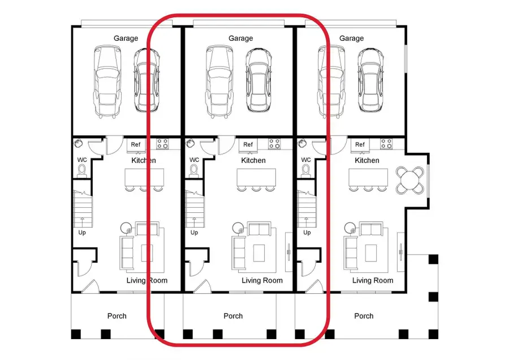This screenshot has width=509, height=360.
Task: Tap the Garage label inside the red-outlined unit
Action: click(x=240, y=38)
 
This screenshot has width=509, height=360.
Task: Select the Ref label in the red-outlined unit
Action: click(x=248, y=145)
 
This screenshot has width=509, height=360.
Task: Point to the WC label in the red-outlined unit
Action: click(x=194, y=160)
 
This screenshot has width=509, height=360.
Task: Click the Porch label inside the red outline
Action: click(x=233, y=316)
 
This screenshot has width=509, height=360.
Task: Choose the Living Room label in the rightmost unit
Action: click(x=373, y=280)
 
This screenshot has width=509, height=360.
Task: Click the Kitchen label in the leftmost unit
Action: click(x=144, y=161)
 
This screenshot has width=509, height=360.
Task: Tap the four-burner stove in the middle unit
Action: click(x=275, y=144)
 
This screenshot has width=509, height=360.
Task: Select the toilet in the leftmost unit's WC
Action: click(x=82, y=170)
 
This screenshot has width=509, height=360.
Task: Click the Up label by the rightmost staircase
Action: click(x=307, y=233)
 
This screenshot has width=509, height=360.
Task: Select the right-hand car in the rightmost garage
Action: click(x=368, y=80)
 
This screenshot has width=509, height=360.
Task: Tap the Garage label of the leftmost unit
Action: click(x=126, y=38)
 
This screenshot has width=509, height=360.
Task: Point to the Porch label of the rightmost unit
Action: click(x=364, y=316)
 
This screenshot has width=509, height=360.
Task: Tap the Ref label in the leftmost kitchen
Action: click(x=136, y=145)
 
